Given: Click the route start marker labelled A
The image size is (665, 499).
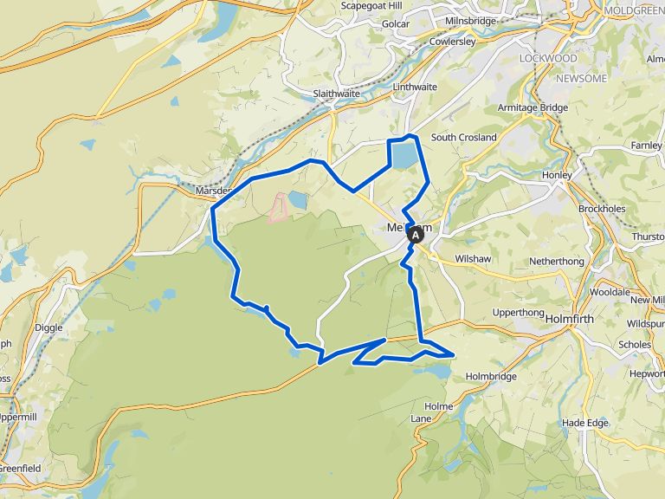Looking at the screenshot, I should [x=416, y=234].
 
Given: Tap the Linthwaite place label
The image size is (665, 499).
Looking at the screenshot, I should [x=415, y=87].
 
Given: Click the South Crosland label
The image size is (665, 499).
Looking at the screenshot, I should [x=464, y=138].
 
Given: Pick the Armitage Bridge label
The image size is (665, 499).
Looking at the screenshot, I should [x=532, y=108].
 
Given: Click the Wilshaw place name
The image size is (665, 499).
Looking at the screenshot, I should [x=474, y=259].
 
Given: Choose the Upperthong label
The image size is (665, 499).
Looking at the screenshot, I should [x=517, y=313].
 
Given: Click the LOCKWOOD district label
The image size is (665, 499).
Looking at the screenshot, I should [x=547, y=58].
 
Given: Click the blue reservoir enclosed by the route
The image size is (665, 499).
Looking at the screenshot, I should [x=404, y=155].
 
